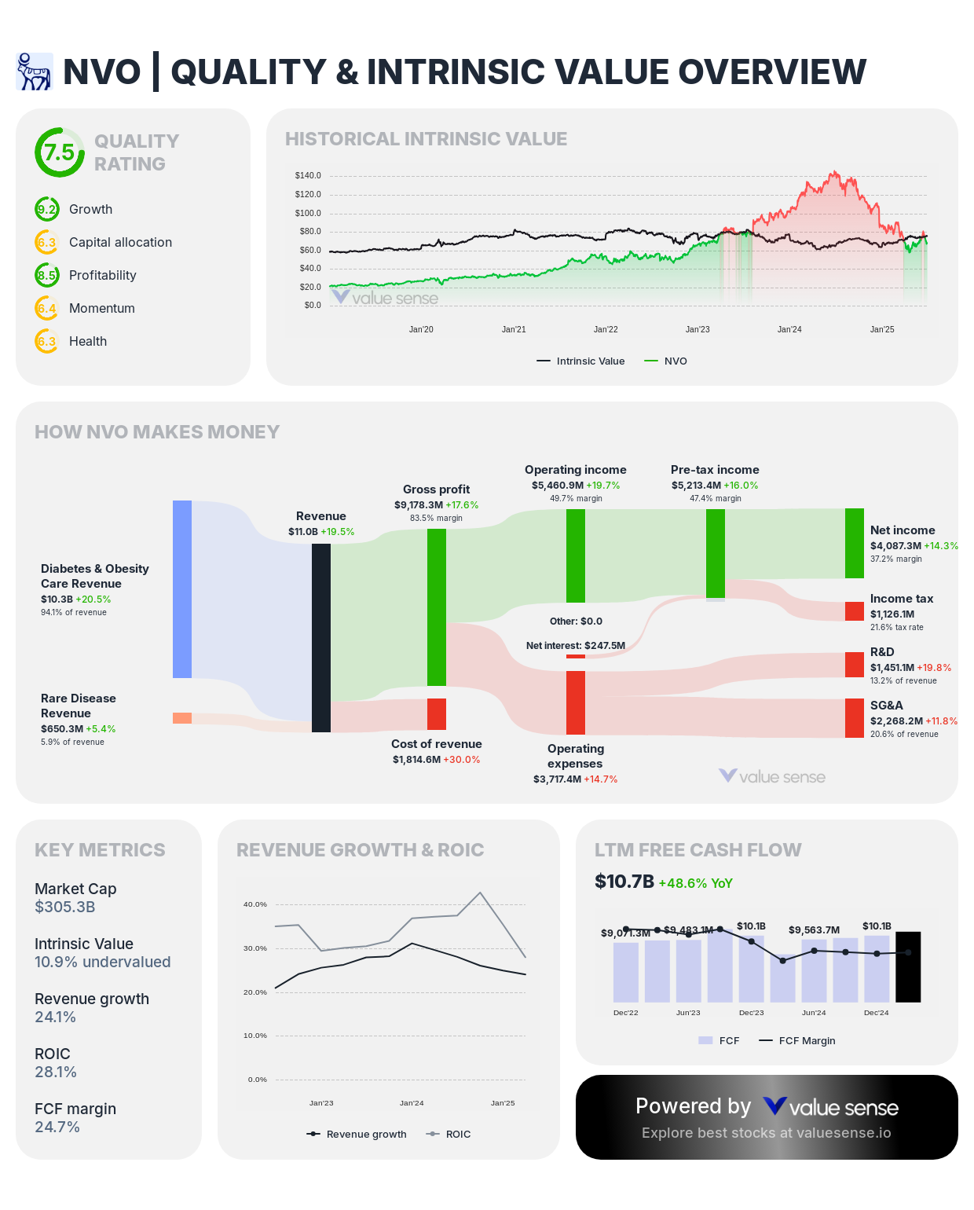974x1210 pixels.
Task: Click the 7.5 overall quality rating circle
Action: click(x=59, y=152)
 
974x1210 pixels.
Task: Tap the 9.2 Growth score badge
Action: click(x=47, y=209)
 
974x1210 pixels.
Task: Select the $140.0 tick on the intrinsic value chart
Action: click(x=308, y=175)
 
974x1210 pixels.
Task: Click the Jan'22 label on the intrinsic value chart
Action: click(x=606, y=329)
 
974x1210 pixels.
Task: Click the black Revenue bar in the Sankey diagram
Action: click(x=320, y=637)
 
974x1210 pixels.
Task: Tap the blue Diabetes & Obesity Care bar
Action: click(x=182, y=588)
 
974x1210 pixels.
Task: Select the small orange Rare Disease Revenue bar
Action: click(x=182, y=718)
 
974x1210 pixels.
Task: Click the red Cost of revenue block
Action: click(x=437, y=714)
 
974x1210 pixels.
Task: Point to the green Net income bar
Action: click(x=855, y=543)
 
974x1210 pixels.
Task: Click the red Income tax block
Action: click(x=855, y=611)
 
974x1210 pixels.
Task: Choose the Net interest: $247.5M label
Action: click(x=576, y=646)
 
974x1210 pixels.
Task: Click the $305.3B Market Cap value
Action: click(x=65, y=907)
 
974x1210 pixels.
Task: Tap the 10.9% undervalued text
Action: click(x=102, y=962)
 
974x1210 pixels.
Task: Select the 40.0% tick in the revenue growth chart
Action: click(x=255, y=904)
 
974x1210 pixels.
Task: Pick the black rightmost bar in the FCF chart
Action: click(x=908, y=966)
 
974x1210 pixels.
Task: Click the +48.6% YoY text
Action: click(x=695, y=883)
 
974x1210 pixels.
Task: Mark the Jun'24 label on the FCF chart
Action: click(x=814, y=1013)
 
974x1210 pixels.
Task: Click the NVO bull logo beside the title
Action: click(x=35, y=71)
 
